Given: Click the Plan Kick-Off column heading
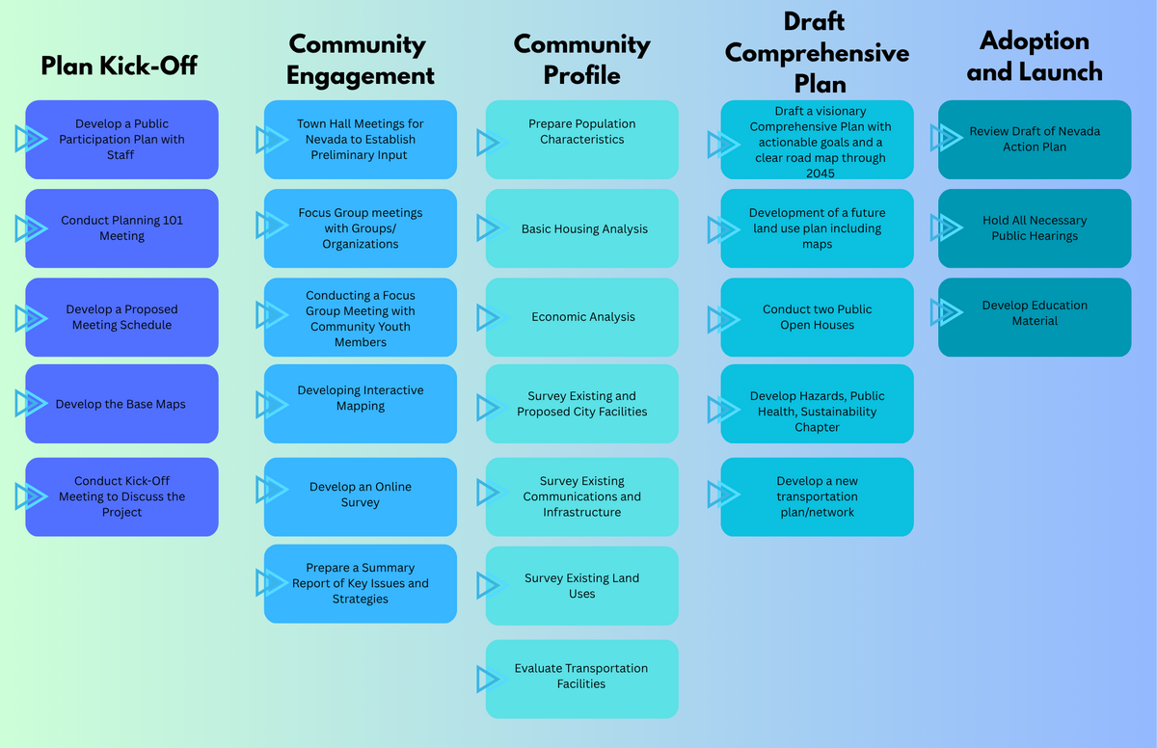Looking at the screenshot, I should tap(119, 65).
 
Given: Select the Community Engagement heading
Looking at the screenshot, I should tap(361, 60).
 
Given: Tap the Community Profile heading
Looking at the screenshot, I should tap(581, 60).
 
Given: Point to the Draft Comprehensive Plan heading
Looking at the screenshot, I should tap(817, 53).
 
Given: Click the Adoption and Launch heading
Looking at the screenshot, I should tap(1034, 56).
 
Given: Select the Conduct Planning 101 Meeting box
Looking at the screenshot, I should tap(121, 228).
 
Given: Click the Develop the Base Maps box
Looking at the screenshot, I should tap(121, 404).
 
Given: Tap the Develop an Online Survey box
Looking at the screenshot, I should tap(361, 495).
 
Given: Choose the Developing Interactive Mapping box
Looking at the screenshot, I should tap(361, 399).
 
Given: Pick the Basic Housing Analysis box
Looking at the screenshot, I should tap(582, 229).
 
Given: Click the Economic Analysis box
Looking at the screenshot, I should tap(582, 317).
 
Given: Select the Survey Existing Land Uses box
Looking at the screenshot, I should tap(582, 586).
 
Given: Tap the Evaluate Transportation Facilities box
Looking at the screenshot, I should tap(582, 677).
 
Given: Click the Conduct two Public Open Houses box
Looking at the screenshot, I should tap(817, 317).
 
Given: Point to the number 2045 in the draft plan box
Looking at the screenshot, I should tap(817, 174).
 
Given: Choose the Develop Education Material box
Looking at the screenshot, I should tap(1035, 313).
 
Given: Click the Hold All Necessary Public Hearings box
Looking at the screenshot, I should tap(1035, 228).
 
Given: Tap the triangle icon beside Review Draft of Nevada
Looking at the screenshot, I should tap(947, 138).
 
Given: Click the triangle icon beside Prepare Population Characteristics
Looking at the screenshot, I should tap(488, 143).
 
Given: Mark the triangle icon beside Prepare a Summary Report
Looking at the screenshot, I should tap(270, 582).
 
